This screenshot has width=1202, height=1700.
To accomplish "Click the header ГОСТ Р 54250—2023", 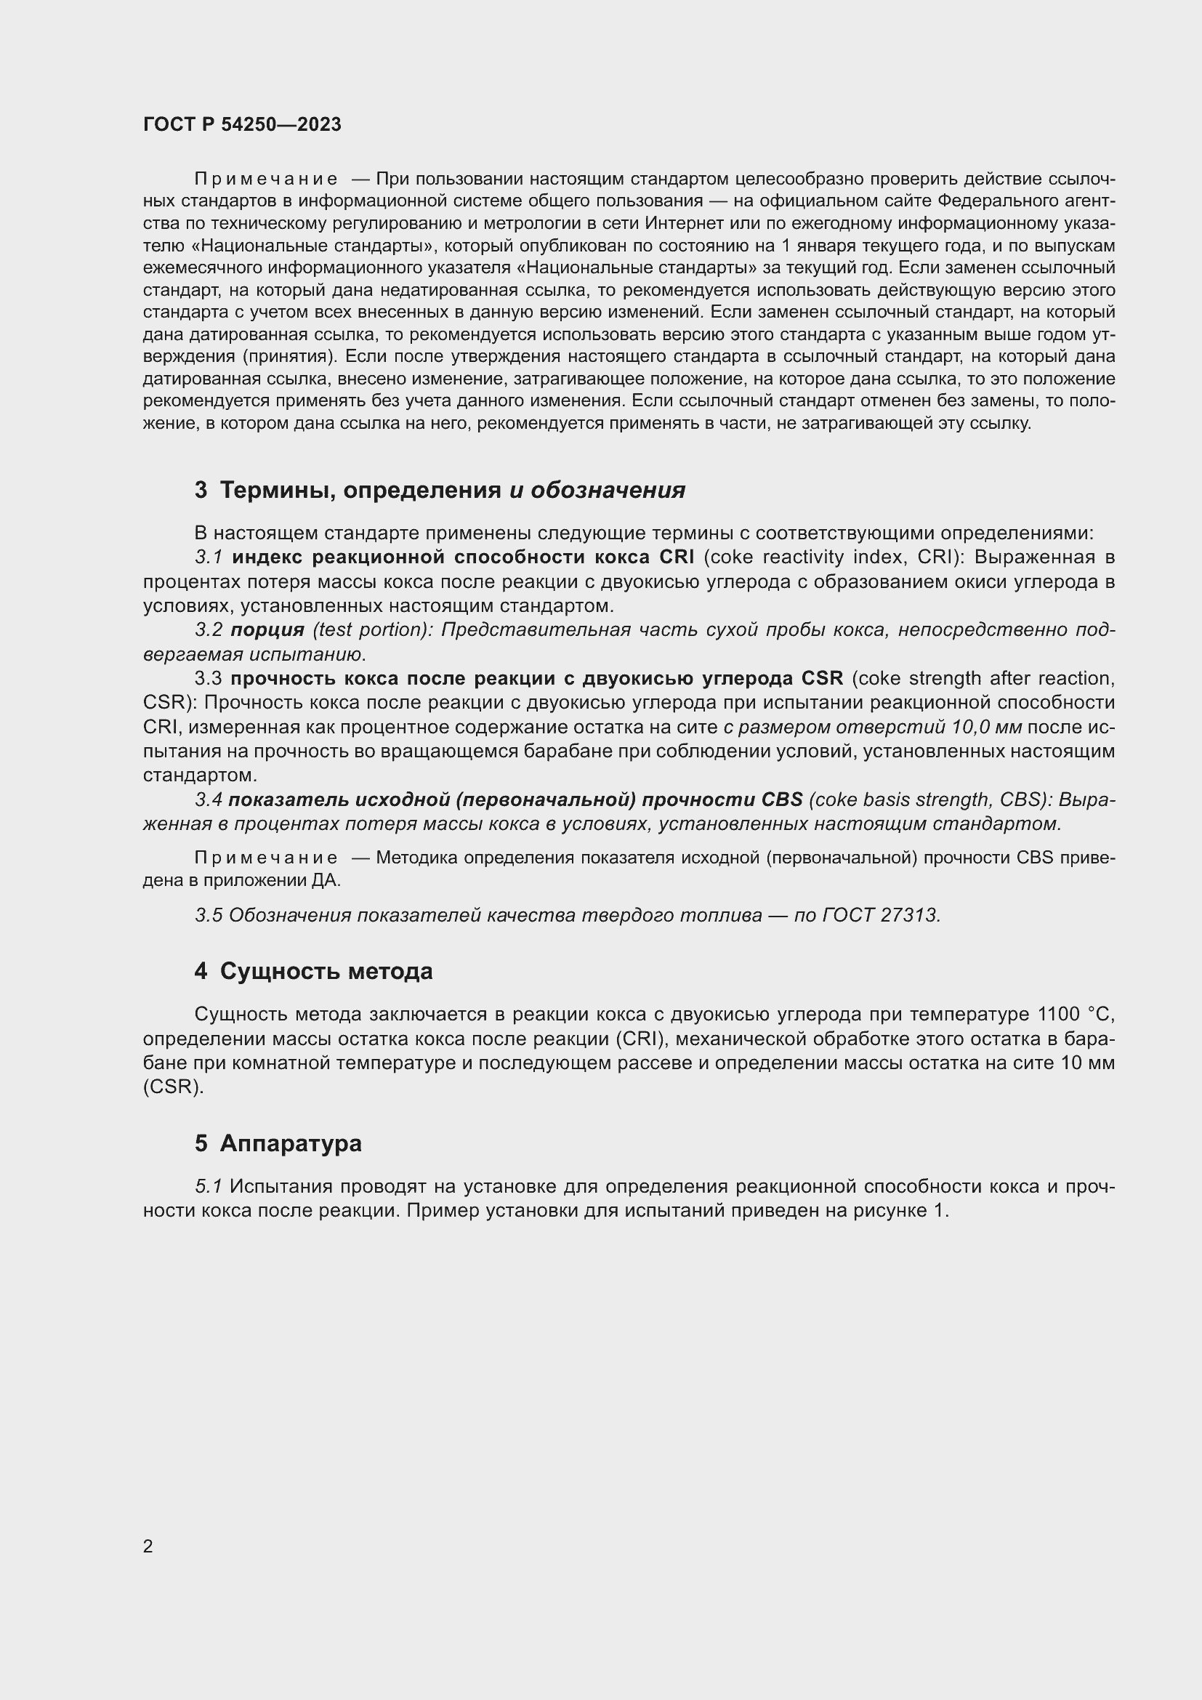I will (242, 124).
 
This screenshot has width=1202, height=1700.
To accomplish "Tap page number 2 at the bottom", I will (148, 1546).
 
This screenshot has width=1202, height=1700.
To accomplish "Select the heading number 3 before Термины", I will (201, 490).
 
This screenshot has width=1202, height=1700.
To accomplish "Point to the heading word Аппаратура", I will (291, 1143).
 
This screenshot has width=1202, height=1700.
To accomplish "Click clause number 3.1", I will (209, 557).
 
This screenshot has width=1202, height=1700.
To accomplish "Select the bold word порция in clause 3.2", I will (267, 629).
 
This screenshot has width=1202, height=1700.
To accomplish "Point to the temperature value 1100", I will (1058, 1014).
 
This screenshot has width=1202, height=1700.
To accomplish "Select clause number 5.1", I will (209, 1186).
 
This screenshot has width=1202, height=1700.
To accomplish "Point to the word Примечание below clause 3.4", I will (266, 858).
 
